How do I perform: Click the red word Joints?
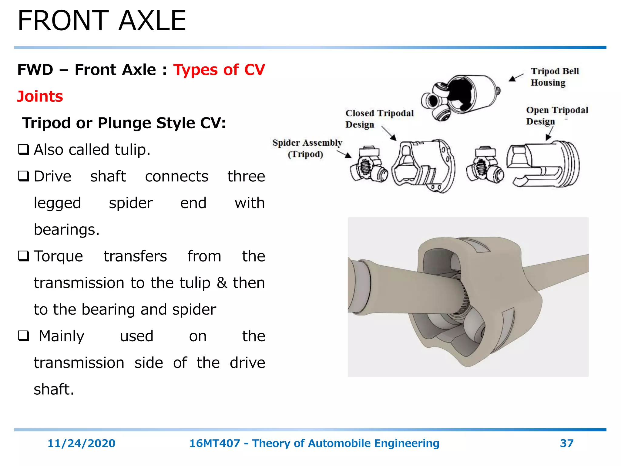click(x=40, y=96)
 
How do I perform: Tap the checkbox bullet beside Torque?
click(x=24, y=256)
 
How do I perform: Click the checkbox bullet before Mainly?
click(x=24, y=336)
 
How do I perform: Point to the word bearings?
click(x=66, y=229)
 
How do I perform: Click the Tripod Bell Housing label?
click(x=555, y=77)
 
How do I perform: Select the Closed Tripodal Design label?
click(x=379, y=119)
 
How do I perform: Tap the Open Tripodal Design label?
click(x=557, y=116)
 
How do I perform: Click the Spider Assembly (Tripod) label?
click(x=307, y=148)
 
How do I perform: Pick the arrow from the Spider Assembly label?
click(x=344, y=154)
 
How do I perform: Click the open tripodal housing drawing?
click(x=543, y=164)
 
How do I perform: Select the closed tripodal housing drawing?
click(x=423, y=166)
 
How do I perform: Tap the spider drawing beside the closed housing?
click(x=368, y=165)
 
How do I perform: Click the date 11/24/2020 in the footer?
click(x=81, y=443)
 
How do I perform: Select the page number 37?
click(x=566, y=443)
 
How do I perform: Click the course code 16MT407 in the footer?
click(x=214, y=443)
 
